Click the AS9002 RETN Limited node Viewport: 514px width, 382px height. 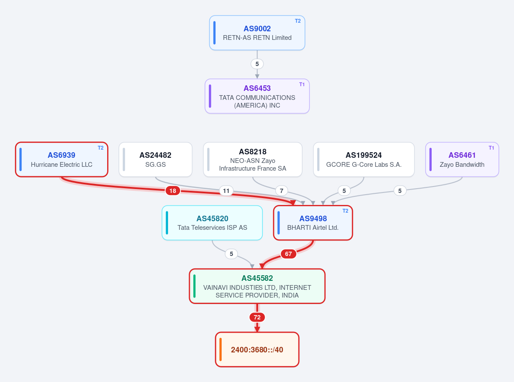click(257, 33)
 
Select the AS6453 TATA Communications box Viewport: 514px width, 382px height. click(257, 96)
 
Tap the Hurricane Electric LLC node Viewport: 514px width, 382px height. click(62, 159)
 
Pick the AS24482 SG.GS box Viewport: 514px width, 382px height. click(155, 159)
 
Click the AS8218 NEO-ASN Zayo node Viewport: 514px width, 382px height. click(252, 159)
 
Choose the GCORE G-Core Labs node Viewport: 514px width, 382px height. click(364, 159)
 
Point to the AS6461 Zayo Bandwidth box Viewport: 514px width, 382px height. click(462, 159)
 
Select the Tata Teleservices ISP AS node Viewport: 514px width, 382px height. click(212, 223)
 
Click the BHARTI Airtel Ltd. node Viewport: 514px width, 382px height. click(313, 223)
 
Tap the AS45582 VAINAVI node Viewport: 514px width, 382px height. click(257, 286)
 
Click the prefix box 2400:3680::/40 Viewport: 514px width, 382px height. click(257, 349)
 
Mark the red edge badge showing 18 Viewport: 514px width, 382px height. click(173, 190)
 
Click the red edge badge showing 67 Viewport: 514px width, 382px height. click(289, 254)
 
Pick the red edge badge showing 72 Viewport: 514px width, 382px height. click(257, 317)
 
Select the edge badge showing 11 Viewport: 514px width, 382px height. click(226, 190)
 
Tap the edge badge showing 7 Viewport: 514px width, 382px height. click(282, 190)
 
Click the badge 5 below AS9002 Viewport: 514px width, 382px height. click(257, 64)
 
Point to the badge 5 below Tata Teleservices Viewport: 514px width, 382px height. click(231, 254)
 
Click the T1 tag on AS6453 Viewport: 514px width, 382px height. click(302, 84)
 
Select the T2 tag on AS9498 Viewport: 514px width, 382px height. click(346, 211)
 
